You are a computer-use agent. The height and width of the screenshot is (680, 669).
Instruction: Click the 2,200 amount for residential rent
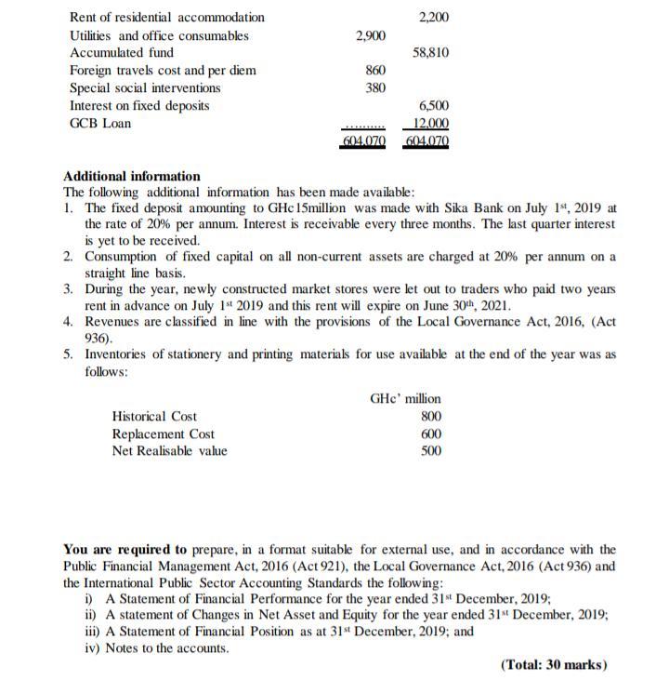[434, 17]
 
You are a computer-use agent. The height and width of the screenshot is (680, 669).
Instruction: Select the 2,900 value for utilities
[371, 35]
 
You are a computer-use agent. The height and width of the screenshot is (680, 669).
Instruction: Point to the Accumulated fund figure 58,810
[431, 53]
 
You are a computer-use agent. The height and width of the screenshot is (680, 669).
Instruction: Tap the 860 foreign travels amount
[375, 71]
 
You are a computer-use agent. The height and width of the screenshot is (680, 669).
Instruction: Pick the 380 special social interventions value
[375, 88]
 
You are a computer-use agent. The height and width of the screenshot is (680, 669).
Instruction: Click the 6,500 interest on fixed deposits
[434, 106]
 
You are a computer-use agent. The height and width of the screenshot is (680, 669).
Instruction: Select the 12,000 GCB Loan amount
[431, 124]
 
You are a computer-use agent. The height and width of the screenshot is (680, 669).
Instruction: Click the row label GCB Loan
[100, 124]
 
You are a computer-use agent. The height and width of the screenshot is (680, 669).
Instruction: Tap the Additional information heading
[131, 176]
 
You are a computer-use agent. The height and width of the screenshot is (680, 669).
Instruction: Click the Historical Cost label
[154, 417]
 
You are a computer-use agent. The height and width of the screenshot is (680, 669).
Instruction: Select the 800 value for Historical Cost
[431, 417]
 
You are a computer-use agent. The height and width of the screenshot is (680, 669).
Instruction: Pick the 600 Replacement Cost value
[431, 434]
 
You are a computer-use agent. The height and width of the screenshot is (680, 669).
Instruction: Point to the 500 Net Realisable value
[431, 451]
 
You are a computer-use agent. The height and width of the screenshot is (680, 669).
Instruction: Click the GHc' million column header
[405, 399]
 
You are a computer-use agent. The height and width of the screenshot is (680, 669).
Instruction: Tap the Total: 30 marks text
[554, 664]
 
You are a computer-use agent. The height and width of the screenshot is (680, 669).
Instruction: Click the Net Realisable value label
[169, 451]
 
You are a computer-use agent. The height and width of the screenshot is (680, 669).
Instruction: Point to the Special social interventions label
[145, 88]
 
